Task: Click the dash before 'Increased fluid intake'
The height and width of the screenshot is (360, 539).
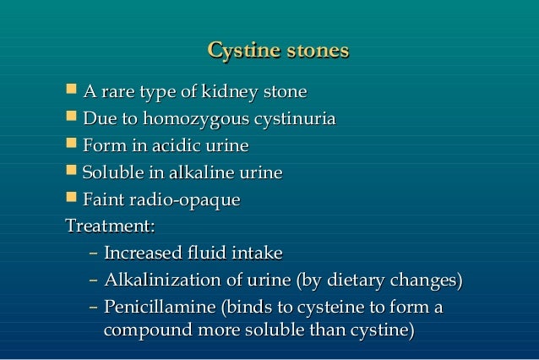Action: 92,254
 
